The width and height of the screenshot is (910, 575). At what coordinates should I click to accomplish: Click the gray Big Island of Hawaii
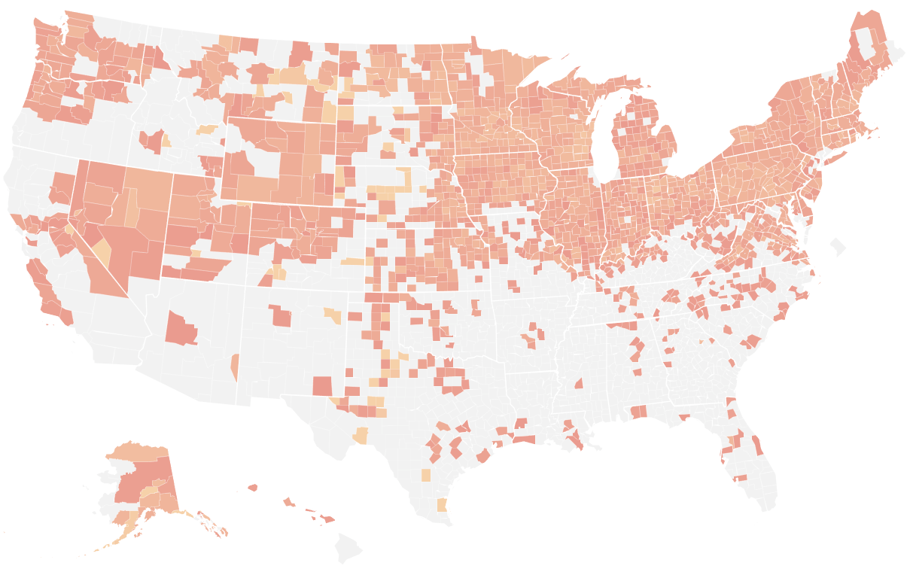[x=348, y=548]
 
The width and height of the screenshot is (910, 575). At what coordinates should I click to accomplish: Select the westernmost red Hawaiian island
[x=252, y=488]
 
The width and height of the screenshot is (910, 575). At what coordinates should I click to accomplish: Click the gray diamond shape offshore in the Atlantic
[x=837, y=246]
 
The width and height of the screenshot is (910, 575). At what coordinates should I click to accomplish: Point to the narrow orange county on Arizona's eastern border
[x=235, y=367]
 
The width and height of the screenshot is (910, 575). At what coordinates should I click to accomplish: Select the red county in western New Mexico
[x=281, y=315]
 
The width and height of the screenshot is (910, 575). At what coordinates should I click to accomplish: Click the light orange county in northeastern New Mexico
[x=333, y=314]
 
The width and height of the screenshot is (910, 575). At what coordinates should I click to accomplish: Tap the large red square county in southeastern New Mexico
[x=322, y=385]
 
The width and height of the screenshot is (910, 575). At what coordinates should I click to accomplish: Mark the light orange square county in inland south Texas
[x=426, y=475]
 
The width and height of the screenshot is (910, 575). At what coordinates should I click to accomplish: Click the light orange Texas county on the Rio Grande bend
[x=361, y=436]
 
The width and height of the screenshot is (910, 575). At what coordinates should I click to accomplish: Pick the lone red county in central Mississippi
[x=579, y=385]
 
